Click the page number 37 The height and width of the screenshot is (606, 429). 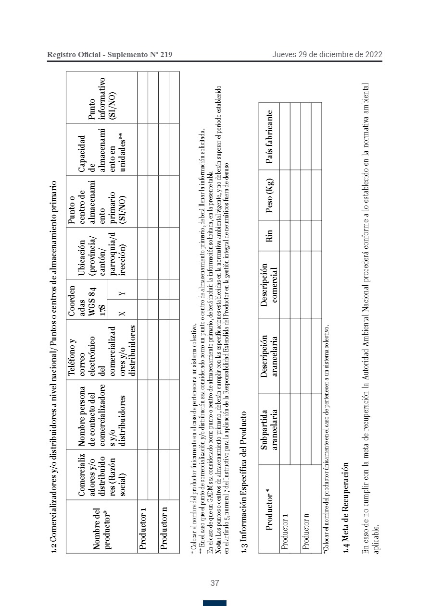coord(214,583)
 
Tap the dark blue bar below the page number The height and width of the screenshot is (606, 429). coord(214,603)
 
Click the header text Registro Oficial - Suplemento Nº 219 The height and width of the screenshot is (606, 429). coord(110,55)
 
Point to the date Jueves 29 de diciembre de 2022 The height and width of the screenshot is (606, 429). coord(327,54)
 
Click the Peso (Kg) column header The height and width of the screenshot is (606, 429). coord(269,195)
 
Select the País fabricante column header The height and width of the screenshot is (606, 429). coord(269,137)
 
